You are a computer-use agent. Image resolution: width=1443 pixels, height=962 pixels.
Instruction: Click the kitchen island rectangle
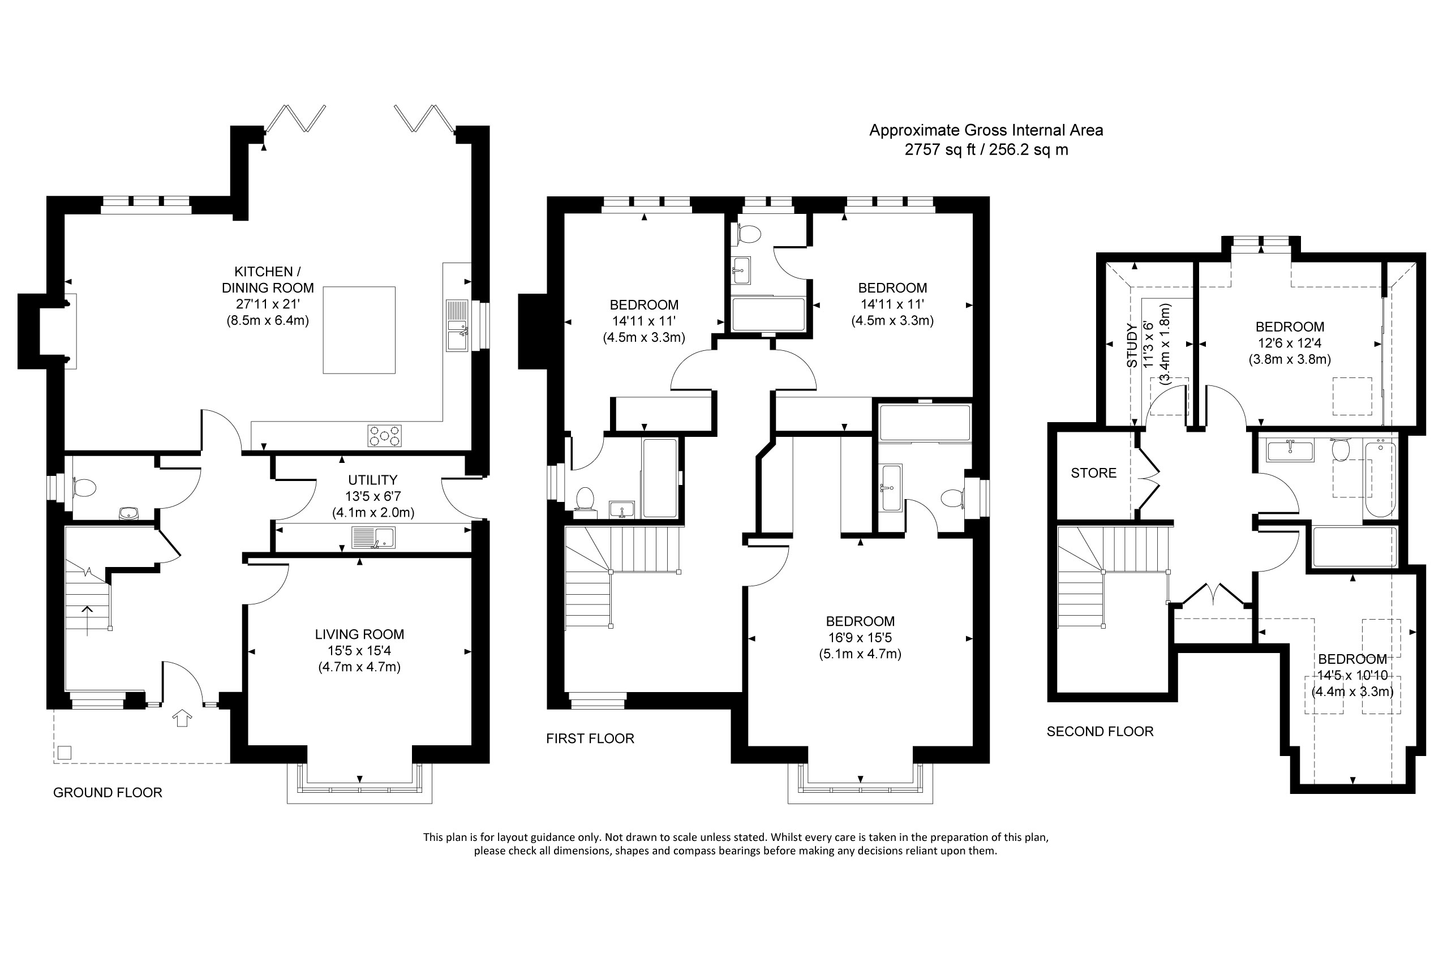coord(359,329)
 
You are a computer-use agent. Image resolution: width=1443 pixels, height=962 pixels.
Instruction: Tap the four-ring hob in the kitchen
coord(385,436)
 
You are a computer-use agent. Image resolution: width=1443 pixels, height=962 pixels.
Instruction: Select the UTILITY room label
coord(372,480)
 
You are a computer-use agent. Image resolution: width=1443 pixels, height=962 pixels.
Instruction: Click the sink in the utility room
coord(373,538)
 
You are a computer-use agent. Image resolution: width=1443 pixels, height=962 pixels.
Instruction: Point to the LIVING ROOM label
coord(359,634)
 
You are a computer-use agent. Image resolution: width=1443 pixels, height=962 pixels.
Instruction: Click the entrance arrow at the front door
coord(182,717)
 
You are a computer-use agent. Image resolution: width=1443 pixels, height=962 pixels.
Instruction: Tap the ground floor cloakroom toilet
coord(84,488)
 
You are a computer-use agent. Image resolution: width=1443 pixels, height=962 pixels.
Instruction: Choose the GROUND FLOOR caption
coord(108,792)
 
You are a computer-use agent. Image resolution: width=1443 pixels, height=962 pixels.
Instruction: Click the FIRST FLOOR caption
coord(590,738)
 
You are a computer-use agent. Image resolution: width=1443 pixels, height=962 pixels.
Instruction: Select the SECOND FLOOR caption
coord(1100,731)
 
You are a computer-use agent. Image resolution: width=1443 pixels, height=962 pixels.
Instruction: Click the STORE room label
coord(1094,473)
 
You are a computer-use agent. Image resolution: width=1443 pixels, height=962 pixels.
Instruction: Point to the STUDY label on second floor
coord(1132,345)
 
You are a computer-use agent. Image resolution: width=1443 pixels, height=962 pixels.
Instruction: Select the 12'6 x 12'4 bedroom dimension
coord(1290,343)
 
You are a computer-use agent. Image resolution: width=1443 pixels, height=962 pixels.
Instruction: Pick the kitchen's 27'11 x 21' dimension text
coord(268,304)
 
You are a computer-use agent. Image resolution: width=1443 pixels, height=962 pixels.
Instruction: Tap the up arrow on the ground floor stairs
coord(88,620)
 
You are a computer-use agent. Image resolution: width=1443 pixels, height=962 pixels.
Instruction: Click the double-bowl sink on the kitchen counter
coord(457,326)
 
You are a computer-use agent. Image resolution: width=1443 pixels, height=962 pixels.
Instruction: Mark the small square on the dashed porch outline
coord(65,752)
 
